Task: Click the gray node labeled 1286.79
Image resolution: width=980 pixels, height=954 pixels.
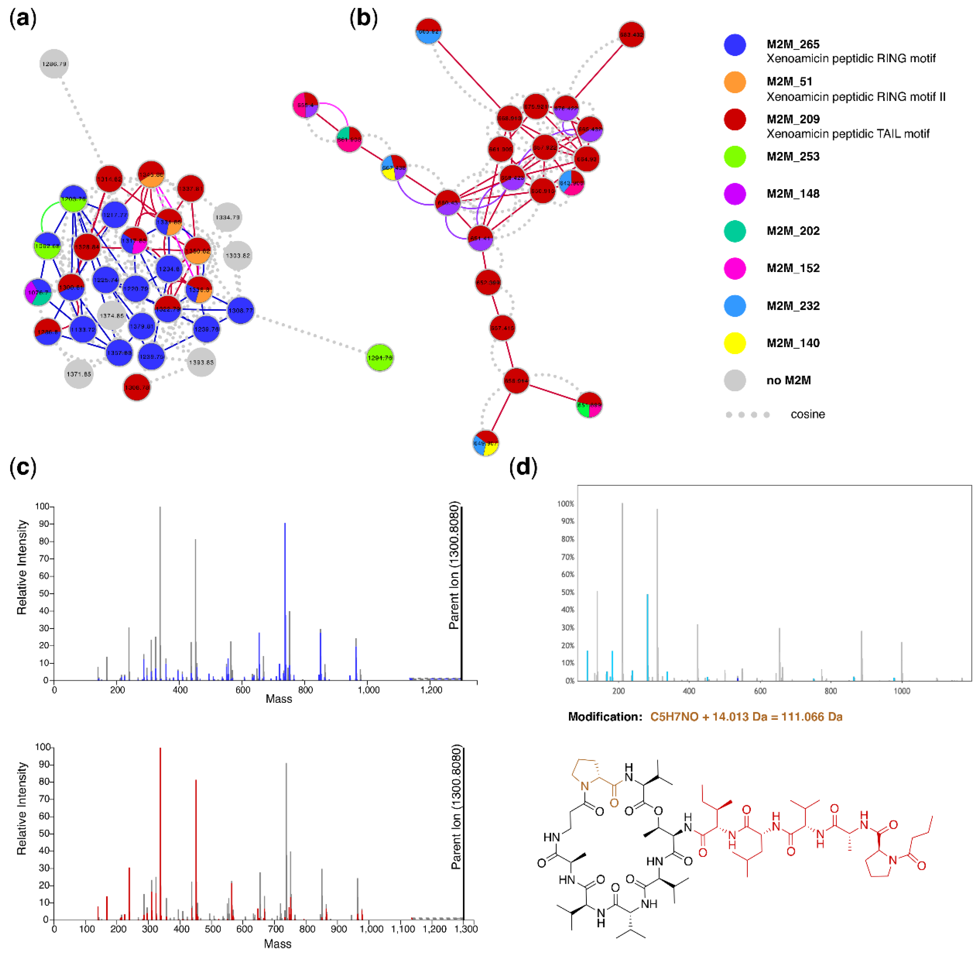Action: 54,64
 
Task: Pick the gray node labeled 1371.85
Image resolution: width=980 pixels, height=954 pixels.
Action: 79,374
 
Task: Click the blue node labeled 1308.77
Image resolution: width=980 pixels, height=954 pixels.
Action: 240,310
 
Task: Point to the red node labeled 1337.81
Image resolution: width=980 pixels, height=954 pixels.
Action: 190,189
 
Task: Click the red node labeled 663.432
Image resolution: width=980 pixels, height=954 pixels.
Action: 631,35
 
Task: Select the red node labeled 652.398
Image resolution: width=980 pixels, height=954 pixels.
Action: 487,282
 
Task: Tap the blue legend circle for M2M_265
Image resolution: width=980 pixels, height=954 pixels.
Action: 734,45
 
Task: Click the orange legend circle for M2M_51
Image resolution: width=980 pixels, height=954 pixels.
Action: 734,82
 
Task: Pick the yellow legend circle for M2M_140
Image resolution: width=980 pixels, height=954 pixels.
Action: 734,343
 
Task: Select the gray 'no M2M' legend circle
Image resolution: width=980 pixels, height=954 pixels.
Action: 734,380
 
